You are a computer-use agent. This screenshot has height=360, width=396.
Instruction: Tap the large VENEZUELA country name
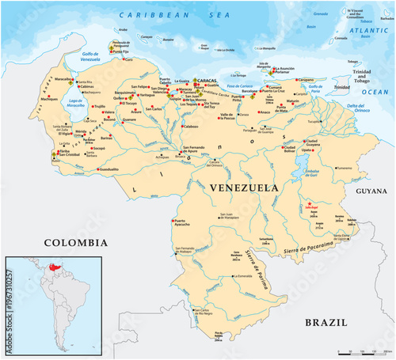244,188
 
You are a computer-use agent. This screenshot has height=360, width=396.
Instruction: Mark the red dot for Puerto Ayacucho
171,219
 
